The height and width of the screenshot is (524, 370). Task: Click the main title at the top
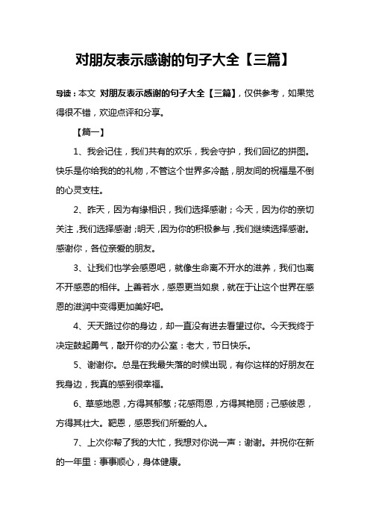[184, 57]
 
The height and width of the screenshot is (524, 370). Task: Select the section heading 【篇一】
[92, 134]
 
